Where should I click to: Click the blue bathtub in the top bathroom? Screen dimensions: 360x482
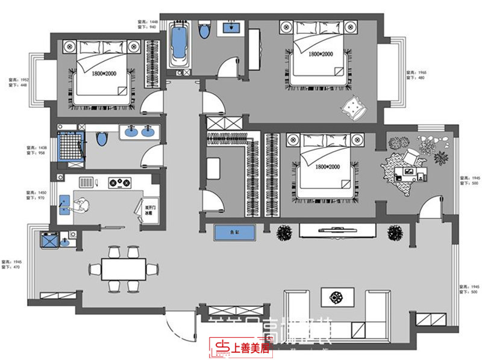click(x=178, y=46)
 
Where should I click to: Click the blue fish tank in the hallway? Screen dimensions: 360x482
click(x=235, y=231)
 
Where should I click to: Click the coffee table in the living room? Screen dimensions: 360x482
click(x=334, y=297)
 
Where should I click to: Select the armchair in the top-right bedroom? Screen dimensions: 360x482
click(x=354, y=107)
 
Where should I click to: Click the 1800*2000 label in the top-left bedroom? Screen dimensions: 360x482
click(x=104, y=73)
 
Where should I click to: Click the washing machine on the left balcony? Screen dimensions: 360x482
click(x=48, y=239)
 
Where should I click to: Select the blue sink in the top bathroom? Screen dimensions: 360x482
click(x=232, y=26)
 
